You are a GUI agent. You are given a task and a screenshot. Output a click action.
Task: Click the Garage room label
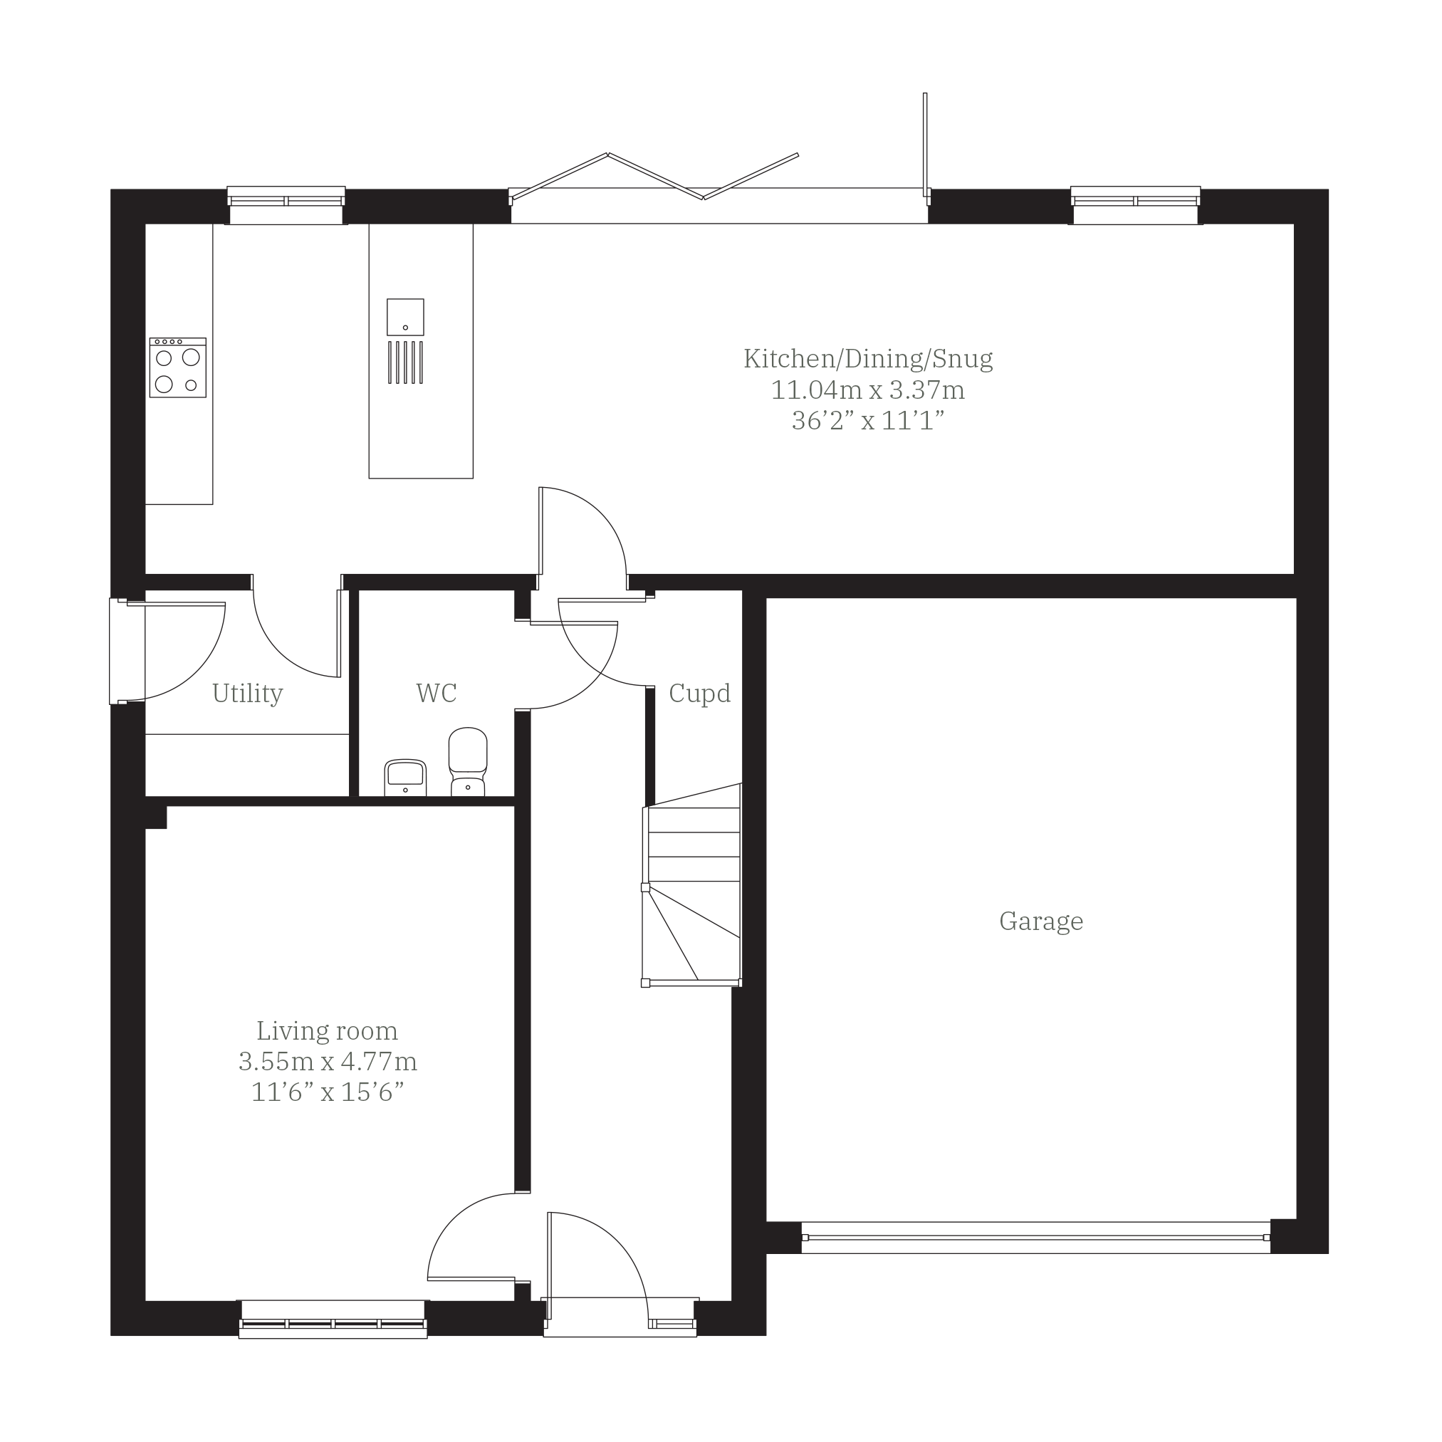tap(1041, 921)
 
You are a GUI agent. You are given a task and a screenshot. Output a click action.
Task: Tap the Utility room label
tap(248, 694)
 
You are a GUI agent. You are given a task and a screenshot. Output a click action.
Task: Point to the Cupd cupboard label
tap(699, 694)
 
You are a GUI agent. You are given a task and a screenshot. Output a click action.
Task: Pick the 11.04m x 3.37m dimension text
tap(868, 390)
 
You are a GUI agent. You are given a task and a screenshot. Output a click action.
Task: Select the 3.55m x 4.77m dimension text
tap(328, 1061)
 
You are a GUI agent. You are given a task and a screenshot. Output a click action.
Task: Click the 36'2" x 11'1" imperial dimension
tap(868, 421)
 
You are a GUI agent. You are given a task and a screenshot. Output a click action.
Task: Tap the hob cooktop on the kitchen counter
tap(177, 367)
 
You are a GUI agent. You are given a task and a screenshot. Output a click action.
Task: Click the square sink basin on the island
tap(405, 317)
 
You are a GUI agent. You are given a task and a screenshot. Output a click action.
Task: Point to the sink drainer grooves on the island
tap(405, 362)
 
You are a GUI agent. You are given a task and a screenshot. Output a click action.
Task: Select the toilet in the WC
tap(468, 762)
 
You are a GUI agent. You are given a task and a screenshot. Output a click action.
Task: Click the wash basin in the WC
tap(405, 778)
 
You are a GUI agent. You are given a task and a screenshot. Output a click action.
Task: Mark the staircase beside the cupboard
tap(692, 885)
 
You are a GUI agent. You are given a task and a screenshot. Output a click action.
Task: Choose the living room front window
tap(333, 1320)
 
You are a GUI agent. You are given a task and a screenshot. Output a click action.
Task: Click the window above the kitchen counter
tap(286, 204)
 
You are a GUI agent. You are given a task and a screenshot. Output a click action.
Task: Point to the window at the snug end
tap(1135, 204)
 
